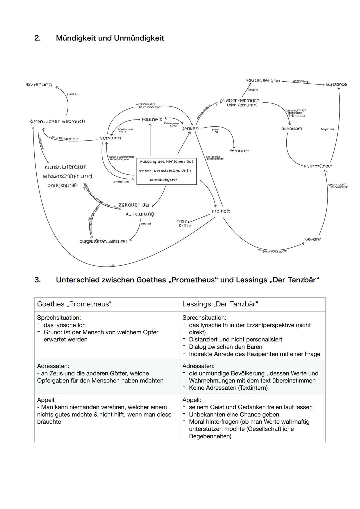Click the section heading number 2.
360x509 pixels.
[x=37, y=38]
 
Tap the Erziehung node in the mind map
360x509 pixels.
[x=39, y=85]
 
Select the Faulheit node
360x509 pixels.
[x=152, y=119]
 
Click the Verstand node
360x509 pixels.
[x=110, y=138]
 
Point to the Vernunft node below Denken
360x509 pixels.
[x=239, y=151]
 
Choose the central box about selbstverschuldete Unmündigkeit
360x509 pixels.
[x=166, y=171]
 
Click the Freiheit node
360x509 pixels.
[x=221, y=211]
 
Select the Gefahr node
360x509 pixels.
[x=313, y=239]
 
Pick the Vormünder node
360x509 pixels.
[x=319, y=166]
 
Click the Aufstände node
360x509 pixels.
[x=336, y=85]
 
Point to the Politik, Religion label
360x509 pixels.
[x=263, y=81]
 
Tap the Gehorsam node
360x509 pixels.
[x=292, y=129]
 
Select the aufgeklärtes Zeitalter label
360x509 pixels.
[x=103, y=241]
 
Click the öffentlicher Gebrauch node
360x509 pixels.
[x=57, y=122]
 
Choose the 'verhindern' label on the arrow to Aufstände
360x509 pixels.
[x=301, y=81]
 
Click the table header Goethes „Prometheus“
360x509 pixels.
[x=74, y=304]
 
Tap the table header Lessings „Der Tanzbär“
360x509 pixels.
[x=220, y=304]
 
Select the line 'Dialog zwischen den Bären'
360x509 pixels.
[x=225, y=347]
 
